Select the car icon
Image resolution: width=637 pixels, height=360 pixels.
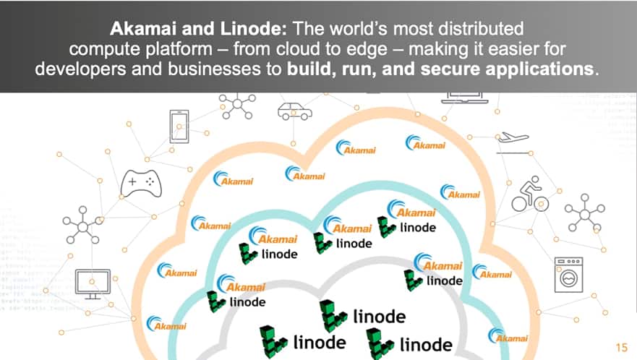(294, 111)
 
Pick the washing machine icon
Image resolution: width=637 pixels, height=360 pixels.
(569, 273)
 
